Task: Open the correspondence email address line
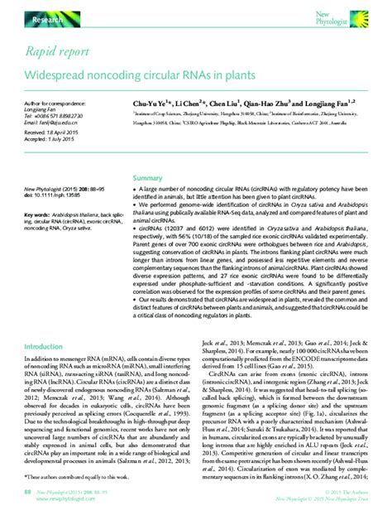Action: pyautogui.click(x=54, y=123)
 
